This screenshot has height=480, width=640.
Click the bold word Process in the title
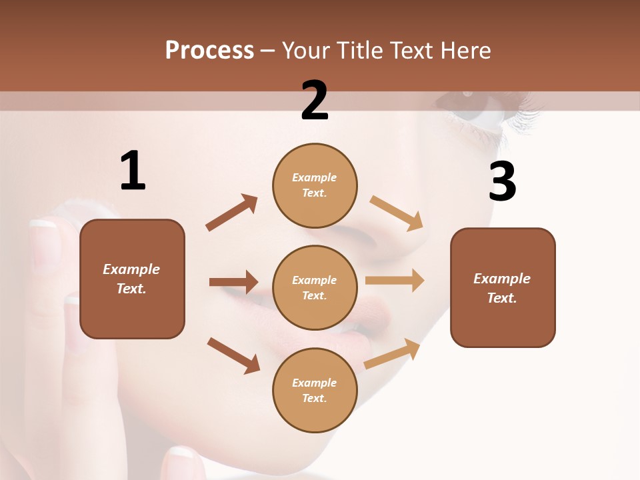(209, 51)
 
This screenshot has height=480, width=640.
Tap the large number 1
(133, 171)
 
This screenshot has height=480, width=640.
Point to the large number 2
(315, 101)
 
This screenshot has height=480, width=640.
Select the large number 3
(502, 182)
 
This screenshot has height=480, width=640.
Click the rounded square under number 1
(132, 279)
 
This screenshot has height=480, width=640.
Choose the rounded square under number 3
(503, 287)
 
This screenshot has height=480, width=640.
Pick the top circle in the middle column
(315, 185)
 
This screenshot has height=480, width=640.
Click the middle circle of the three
(315, 287)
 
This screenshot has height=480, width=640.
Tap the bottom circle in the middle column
(315, 390)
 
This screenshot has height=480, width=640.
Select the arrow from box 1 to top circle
(232, 213)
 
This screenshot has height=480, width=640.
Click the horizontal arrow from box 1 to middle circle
(233, 282)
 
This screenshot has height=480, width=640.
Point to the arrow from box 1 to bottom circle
(233, 355)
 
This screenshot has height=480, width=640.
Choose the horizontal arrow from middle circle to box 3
(395, 281)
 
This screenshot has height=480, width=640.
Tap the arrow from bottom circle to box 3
(392, 354)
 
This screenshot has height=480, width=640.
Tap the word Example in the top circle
(315, 177)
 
